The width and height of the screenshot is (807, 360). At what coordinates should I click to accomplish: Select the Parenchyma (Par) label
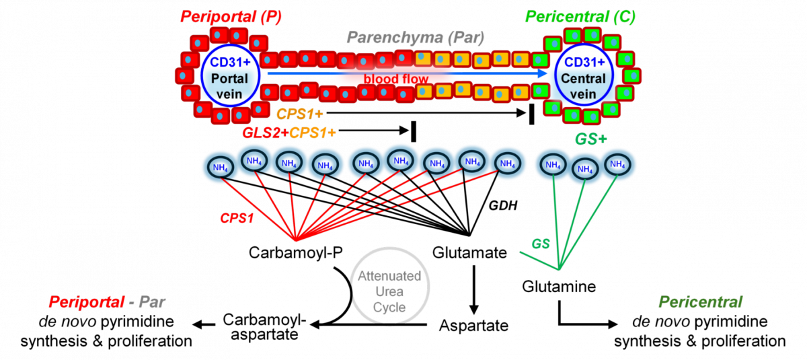[415, 38]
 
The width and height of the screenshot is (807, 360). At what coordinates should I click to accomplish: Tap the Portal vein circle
[229, 75]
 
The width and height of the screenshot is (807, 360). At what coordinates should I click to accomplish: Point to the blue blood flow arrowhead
[543, 72]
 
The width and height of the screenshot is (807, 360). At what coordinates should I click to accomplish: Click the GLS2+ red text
[265, 133]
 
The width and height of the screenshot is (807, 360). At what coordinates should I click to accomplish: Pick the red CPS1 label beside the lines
[237, 218]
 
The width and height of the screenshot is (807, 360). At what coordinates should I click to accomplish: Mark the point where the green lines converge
[559, 271]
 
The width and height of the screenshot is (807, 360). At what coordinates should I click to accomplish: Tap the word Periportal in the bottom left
[85, 302]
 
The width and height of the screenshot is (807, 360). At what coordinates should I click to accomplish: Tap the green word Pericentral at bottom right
[700, 302]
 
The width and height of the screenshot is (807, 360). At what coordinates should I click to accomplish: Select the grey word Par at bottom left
[151, 302]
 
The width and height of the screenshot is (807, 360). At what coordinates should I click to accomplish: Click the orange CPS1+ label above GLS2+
[300, 115]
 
